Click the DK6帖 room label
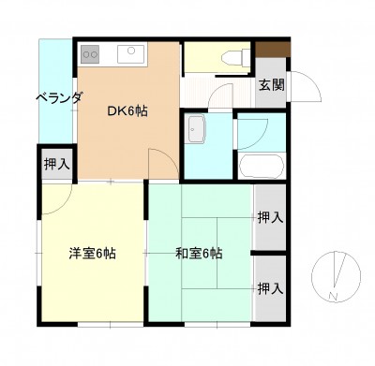127,111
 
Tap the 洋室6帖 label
93,254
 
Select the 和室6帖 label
199,254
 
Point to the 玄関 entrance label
272,84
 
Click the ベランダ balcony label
59,98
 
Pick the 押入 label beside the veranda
57,164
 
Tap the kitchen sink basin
131,54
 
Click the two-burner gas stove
90,54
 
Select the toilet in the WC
235,57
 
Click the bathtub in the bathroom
262,166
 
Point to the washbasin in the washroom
195,129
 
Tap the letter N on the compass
334,296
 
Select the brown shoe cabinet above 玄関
273,50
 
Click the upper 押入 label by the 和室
271,217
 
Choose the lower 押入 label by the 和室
271,289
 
